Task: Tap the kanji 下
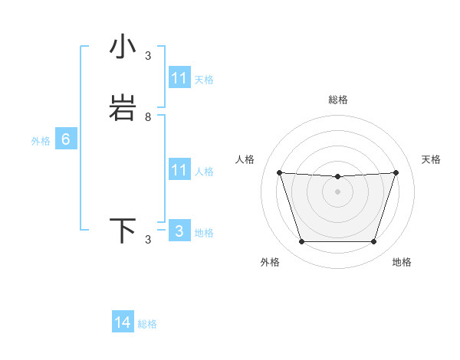[x=123, y=231]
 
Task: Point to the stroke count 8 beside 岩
[x=148, y=117]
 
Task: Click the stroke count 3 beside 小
[x=148, y=56]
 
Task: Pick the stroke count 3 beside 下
[x=148, y=240]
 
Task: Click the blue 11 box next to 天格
[x=179, y=78]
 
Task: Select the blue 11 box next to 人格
[x=179, y=170]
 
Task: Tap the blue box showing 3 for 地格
[x=179, y=231]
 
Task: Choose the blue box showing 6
[x=66, y=139]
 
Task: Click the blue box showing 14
[x=123, y=322]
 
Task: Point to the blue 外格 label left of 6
[x=41, y=141]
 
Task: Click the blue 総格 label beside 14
[x=147, y=324]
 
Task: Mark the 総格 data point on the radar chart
[x=337, y=177]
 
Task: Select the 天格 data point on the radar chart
[x=396, y=172]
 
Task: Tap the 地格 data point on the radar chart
[x=373, y=242]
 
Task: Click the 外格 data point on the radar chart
[x=301, y=242]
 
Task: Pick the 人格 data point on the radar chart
[x=279, y=172]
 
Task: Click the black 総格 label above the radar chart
[x=337, y=100]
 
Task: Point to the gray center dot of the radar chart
[x=337, y=191]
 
